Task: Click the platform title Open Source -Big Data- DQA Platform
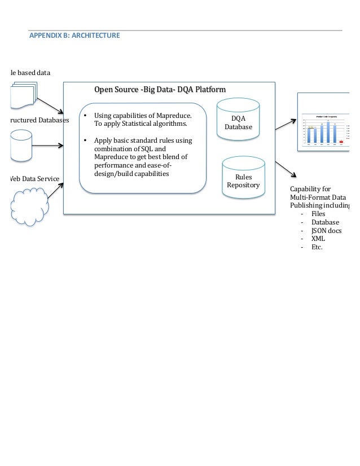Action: (160, 90)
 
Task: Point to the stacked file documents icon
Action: (23, 96)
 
